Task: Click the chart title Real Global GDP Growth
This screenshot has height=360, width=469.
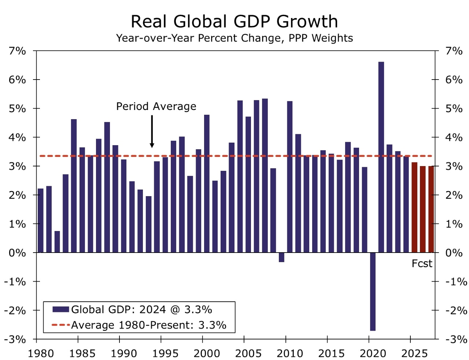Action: point(234,21)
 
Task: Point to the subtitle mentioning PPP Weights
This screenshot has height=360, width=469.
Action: point(234,38)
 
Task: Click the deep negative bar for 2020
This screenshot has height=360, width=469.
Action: point(373,291)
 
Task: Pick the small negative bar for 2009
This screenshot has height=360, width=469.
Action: point(281,257)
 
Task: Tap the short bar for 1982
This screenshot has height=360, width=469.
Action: point(57,242)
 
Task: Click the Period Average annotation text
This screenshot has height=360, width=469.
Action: point(156,106)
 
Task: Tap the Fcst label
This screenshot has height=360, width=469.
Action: point(422,264)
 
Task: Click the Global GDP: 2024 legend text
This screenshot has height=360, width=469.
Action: point(141,310)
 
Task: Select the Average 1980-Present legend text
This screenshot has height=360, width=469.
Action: point(148,325)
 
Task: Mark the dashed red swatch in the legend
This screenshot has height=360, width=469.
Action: point(60,325)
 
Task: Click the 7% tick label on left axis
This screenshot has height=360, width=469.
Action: point(18,51)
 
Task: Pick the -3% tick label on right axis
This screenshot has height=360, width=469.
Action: point(456,339)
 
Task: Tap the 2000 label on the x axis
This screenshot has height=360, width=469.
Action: point(207,353)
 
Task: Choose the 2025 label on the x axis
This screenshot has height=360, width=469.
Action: point(414,353)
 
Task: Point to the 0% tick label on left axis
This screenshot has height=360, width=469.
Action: point(18,253)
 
